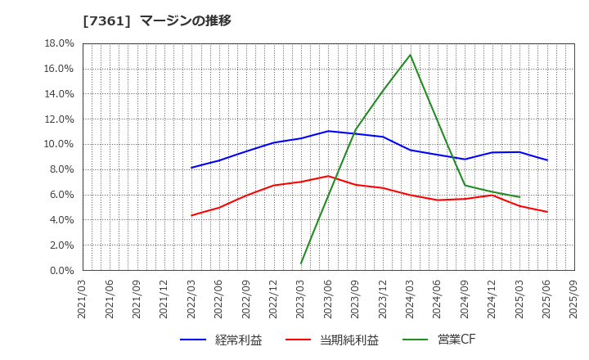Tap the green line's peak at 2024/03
[410, 55]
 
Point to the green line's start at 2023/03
[301, 263]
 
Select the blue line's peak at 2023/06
[328, 131]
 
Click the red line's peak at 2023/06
[328, 176]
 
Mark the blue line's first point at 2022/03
[191, 168]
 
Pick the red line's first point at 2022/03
[191, 215]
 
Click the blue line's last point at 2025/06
[546, 160]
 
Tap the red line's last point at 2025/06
[546, 212]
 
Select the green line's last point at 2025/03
[519, 197]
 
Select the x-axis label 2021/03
[83, 299]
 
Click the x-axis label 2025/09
[574, 299]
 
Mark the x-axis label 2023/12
[383, 299]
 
